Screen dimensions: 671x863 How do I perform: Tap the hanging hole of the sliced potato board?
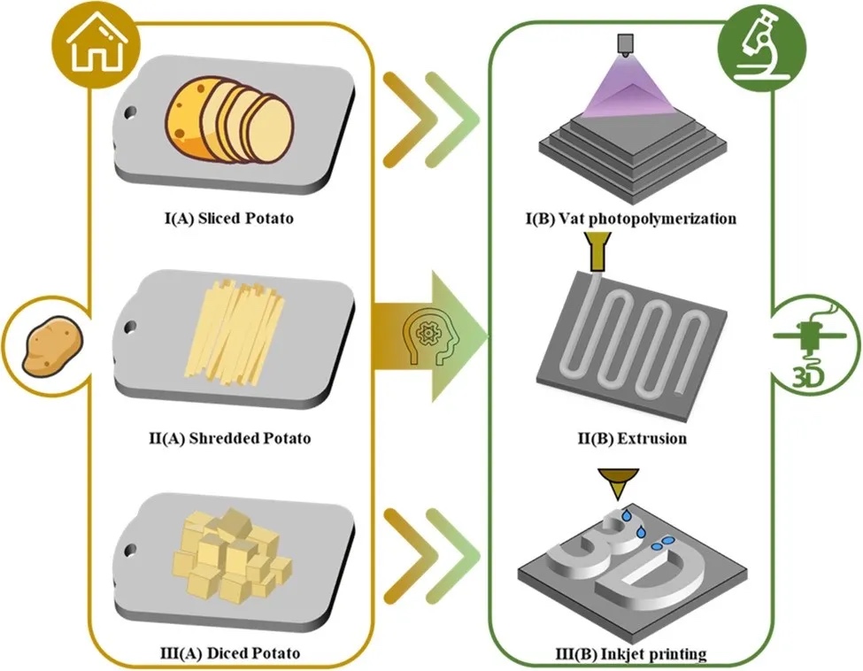click(x=132, y=113)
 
